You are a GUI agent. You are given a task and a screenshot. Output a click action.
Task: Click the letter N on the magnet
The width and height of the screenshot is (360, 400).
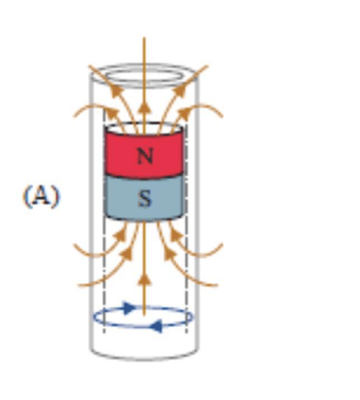coord(145,156)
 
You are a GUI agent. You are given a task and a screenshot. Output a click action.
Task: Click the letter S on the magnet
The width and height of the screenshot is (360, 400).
coord(145,198)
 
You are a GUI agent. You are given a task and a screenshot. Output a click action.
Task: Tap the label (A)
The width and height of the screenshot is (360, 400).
coord(41,196)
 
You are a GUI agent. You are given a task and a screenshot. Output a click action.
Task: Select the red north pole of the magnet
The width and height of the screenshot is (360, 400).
coord(144,154)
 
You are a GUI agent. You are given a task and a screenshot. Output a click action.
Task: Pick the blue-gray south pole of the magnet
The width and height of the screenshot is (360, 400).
coord(144,198)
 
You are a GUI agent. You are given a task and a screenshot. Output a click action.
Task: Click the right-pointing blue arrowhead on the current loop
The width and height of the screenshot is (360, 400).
coord(128,307)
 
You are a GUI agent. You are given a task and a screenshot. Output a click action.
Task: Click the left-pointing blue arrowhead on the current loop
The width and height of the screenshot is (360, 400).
coord(156,326)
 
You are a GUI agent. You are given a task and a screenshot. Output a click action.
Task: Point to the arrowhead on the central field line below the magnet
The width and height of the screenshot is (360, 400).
coord(144,280)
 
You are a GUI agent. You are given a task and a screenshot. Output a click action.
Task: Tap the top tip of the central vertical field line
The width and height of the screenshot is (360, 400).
coord(144,37)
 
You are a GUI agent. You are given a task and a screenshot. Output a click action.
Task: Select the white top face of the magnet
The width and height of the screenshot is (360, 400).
coord(144,128)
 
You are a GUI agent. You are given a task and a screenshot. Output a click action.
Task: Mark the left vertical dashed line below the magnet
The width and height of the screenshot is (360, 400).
coord(104,276)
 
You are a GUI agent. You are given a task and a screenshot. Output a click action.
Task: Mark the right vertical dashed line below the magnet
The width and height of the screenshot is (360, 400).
coord(186,276)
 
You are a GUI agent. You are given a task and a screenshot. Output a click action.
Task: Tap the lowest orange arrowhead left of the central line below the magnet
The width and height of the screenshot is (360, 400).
coord(127,254)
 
